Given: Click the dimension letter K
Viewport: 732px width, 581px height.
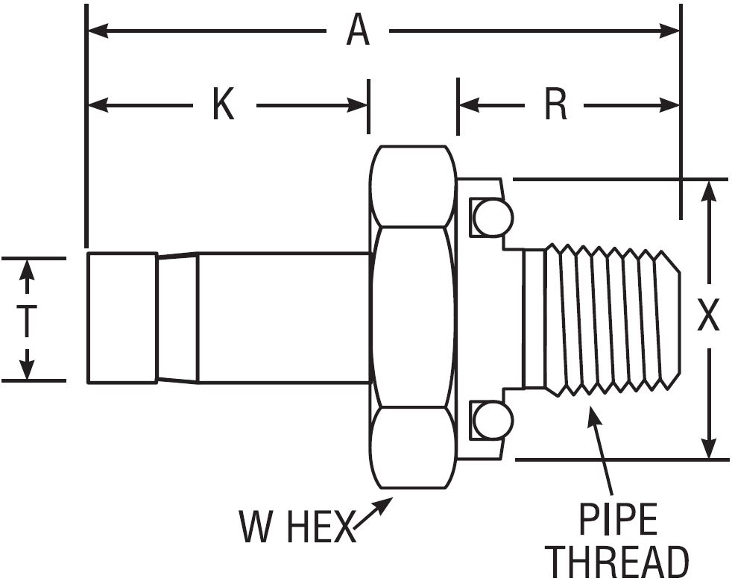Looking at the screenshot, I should coord(223,105).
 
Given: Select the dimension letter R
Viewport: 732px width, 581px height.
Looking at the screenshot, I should coord(556,105).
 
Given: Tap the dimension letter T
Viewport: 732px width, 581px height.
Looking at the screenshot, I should coord(27,319).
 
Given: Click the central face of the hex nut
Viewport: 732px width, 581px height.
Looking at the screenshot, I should coord(413,317).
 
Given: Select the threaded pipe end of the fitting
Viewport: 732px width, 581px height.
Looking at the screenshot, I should coord(604,317).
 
